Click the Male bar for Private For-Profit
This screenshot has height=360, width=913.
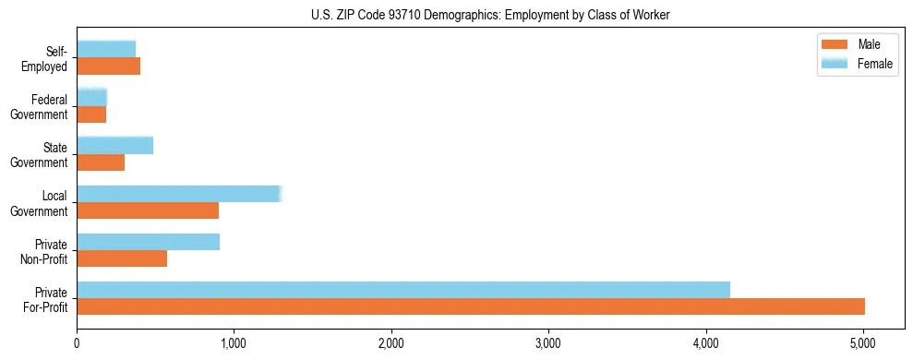471,306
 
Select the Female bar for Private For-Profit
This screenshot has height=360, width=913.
403,290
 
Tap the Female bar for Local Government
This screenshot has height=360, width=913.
178,194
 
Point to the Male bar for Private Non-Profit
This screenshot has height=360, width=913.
122,258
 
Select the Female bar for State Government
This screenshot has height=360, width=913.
114,146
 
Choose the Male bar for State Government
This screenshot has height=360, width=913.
101,162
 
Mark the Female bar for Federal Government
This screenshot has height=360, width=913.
92,98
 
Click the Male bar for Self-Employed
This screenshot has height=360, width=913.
108,66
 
